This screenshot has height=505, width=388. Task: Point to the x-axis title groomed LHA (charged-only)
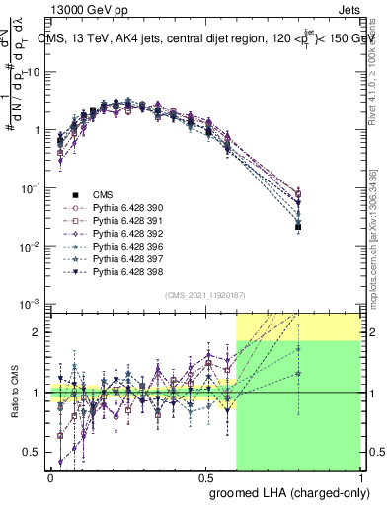285,490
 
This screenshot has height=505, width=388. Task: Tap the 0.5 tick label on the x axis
205,475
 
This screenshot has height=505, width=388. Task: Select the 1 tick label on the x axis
359,475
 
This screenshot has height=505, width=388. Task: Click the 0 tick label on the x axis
50,475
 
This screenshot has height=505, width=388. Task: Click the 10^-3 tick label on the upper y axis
31,304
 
